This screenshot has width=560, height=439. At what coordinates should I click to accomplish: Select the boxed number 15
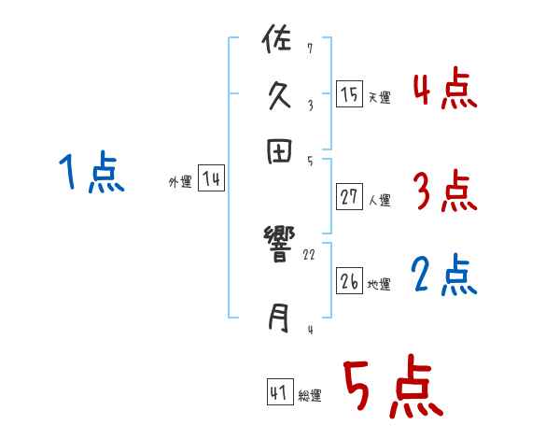click(x=349, y=94)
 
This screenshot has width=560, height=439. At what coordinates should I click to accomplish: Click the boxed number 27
click(x=349, y=197)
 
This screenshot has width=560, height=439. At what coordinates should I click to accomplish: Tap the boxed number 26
click(x=349, y=281)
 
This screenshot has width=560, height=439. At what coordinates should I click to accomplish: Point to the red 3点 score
click(x=444, y=193)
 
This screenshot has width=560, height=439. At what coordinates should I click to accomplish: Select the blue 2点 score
click(x=444, y=276)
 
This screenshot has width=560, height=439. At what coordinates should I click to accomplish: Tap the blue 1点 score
click(x=91, y=175)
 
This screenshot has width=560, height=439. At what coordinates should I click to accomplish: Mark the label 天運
click(x=379, y=97)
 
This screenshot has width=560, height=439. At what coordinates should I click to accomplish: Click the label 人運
click(x=379, y=200)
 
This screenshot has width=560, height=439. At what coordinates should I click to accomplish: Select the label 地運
click(x=379, y=284)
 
